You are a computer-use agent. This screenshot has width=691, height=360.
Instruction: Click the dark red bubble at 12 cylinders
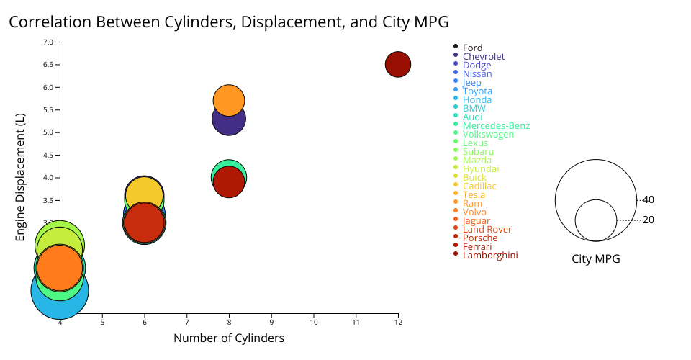[x=398, y=64]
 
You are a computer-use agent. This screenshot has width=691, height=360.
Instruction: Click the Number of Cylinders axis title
[x=229, y=338]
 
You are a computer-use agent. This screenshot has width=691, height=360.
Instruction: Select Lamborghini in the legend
[x=489, y=256]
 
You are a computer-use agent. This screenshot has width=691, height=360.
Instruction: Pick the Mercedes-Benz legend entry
[x=496, y=126]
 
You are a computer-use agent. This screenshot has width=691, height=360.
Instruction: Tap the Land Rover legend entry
[x=487, y=230]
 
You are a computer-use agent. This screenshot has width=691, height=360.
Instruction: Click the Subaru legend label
[x=478, y=152]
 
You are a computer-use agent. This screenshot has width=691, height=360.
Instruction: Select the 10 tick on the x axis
[x=314, y=322]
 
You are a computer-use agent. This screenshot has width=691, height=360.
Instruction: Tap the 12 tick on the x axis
[x=398, y=322]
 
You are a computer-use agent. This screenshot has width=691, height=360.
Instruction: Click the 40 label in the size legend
[x=649, y=199]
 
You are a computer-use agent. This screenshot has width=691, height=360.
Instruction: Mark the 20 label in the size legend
[x=649, y=220]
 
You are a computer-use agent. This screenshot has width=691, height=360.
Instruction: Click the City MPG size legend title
[x=596, y=259]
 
